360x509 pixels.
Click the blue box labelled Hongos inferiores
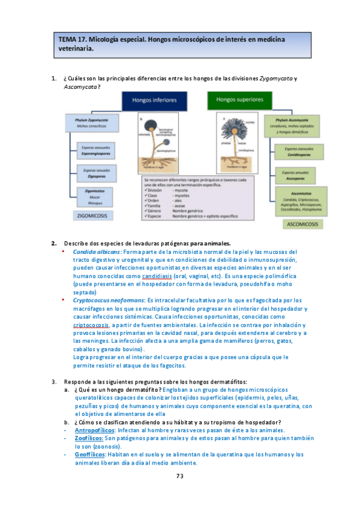(154, 101)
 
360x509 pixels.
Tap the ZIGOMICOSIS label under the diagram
(92, 214)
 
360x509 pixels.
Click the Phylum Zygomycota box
(90, 124)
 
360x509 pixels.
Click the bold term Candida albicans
(96, 251)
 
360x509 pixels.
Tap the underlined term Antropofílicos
(97, 430)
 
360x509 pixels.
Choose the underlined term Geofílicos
(92, 454)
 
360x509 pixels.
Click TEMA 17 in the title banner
(73, 40)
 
